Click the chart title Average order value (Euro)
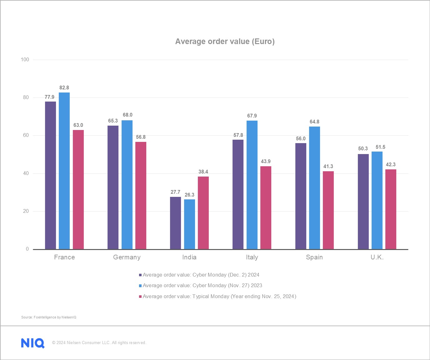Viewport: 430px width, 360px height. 225,42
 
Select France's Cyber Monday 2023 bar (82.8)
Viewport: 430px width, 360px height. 64,171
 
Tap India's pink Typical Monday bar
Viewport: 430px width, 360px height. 203,213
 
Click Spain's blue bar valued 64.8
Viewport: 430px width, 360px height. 314,188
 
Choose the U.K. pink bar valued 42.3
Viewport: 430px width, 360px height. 391,209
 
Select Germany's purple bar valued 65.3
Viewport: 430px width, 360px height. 113,187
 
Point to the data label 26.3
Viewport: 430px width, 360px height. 189,195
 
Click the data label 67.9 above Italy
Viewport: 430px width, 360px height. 252,116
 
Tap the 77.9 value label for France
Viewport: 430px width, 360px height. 49,97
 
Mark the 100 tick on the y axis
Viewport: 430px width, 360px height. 25,60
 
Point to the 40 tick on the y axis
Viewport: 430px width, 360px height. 26,173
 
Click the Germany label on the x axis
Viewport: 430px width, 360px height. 127,257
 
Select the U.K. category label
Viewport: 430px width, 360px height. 377,257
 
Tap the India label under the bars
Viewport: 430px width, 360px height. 189,257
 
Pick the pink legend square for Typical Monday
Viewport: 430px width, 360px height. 140,297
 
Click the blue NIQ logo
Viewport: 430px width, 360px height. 33,343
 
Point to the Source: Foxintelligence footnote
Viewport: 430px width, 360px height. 49,317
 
